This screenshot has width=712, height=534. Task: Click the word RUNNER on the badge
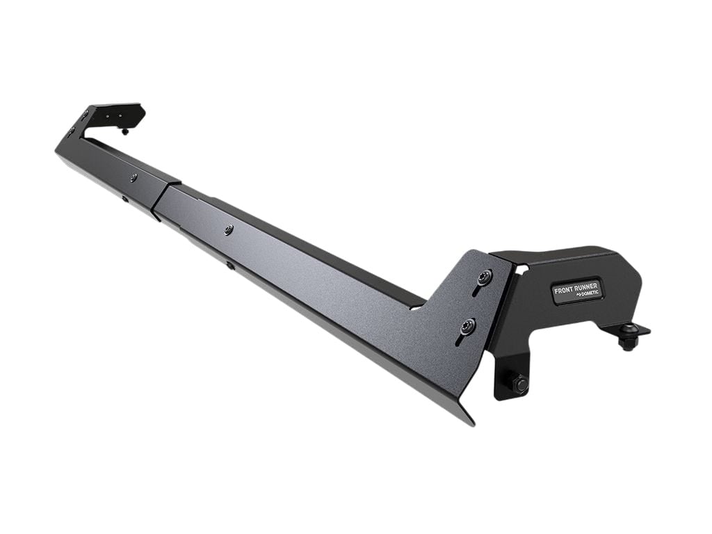(x=585, y=285)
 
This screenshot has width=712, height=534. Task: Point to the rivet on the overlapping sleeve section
(x=133, y=178)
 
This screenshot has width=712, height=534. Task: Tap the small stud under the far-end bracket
(x=125, y=130)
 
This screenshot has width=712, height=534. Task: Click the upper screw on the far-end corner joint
(x=85, y=115)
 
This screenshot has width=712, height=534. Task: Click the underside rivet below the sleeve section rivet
(x=125, y=200)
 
